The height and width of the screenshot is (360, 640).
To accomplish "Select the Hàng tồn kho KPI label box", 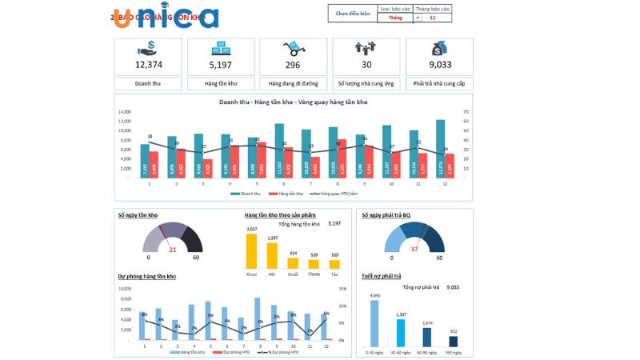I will click(220, 83).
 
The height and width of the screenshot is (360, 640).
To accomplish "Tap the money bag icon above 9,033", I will click(439, 48).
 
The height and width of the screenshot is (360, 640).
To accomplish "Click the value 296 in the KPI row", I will click(293, 65).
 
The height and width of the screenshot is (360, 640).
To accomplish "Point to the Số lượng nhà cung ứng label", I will click(366, 83).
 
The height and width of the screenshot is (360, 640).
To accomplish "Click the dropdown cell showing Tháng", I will click(395, 17).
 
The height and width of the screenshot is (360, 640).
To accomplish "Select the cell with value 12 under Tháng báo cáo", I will click(433, 17).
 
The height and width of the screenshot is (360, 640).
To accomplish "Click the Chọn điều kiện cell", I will click(353, 14).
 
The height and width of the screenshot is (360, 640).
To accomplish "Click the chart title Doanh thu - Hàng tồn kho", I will click(293, 102).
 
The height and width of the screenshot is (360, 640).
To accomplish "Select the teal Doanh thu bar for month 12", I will click(440, 148).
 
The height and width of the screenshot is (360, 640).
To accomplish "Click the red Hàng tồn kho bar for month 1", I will click(154, 164).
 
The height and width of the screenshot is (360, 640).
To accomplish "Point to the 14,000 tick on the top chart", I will click(124, 112).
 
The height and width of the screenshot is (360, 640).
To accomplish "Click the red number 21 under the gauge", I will click(172, 250).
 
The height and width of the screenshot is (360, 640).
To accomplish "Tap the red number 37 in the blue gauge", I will click(414, 250).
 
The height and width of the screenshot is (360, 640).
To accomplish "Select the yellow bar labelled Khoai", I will click(252, 250).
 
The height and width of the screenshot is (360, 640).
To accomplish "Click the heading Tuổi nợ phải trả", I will click(381, 276).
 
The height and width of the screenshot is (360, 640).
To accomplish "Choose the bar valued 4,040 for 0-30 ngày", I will click(374, 322).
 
